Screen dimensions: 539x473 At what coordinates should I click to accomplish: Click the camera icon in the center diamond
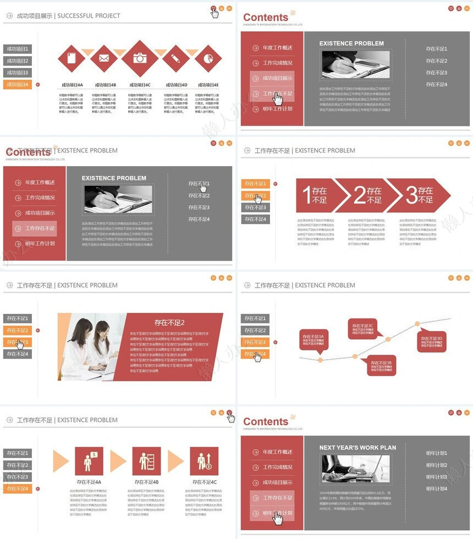[x=140, y=58]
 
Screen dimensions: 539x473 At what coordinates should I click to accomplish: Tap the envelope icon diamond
[x=104, y=58]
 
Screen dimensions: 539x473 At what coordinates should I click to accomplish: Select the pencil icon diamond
[x=176, y=58]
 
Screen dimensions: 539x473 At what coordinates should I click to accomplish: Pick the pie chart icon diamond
[x=208, y=58]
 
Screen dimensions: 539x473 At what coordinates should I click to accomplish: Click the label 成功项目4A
[x=72, y=85]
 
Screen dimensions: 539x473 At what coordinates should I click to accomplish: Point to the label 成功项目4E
[x=208, y=85]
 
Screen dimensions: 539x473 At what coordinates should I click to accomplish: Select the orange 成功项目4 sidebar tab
[x=17, y=85]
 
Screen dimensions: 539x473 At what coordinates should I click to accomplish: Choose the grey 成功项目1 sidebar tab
[x=17, y=49]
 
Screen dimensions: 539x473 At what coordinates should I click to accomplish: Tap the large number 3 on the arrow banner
[x=412, y=195]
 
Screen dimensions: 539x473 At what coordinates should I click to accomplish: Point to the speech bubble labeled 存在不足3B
[x=381, y=366]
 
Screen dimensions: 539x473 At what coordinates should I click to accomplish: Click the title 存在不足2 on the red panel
[x=169, y=323]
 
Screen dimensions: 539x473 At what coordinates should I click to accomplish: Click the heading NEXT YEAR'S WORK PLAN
[x=358, y=448]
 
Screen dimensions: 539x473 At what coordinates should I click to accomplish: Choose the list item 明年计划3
[x=437, y=477]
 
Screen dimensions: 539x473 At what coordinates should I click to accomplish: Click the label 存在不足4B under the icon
[x=146, y=482]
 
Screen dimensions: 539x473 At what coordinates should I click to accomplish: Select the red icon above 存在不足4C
[x=204, y=461]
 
